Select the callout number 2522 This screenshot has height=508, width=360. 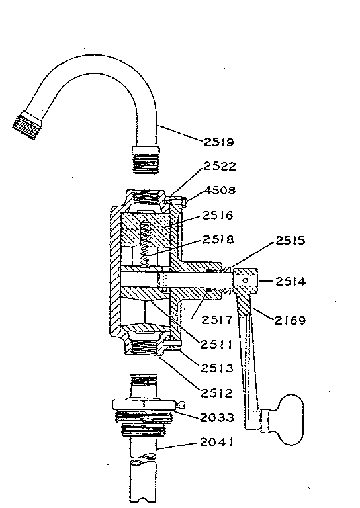point(220,166)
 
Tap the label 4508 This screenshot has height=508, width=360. point(220,190)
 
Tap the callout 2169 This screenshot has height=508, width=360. point(288,321)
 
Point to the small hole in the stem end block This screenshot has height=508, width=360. point(245,282)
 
